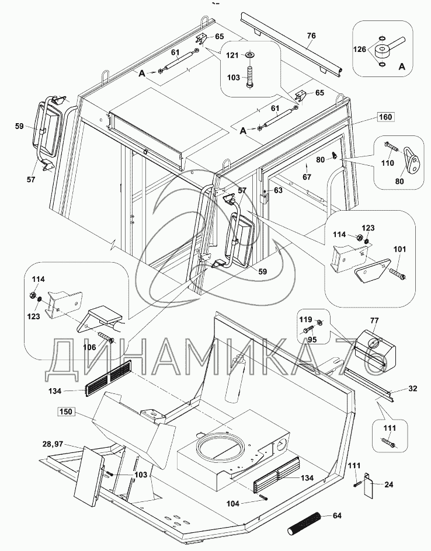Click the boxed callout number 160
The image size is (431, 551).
point(385,117)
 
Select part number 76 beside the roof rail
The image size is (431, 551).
point(311,36)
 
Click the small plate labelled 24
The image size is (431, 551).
point(369,484)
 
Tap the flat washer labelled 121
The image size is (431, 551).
point(251,55)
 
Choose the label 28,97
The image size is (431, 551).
point(52,444)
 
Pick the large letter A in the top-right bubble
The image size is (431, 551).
point(402,67)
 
